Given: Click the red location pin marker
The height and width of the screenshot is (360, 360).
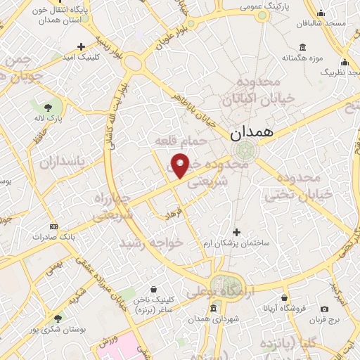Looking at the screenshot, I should coord(181,165).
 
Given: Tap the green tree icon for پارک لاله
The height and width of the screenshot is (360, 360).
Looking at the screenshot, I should coord(48,108).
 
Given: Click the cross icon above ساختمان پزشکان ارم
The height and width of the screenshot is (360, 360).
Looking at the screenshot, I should coord(236,232).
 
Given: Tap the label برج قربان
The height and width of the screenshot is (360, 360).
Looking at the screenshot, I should coord(324,319).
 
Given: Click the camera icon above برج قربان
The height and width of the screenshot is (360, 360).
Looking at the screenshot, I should coord(324,308).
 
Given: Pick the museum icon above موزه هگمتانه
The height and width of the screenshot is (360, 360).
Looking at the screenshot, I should coord(302,47).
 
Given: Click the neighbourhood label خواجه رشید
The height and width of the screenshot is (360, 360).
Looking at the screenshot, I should coord(151,242).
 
